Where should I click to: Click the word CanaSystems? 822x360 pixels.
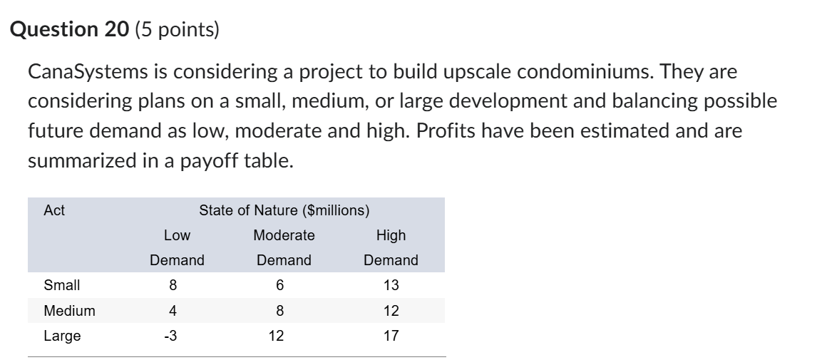(x=90, y=72)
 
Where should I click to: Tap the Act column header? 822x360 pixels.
(x=54, y=210)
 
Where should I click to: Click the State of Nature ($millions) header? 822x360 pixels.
(x=284, y=210)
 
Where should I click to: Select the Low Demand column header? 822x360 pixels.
(x=177, y=247)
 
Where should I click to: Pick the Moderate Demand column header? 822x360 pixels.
(x=284, y=247)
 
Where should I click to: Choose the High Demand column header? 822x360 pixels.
(x=391, y=247)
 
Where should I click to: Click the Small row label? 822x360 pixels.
(x=62, y=285)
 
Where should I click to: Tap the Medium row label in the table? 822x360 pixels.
(x=69, y=311)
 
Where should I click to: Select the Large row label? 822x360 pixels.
(x=62, y=336)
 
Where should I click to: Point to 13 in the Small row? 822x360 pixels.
(x=391, y=285)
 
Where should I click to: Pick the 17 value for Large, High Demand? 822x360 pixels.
(x=391, y=336)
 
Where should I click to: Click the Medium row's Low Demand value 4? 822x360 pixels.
(x=173, y=311)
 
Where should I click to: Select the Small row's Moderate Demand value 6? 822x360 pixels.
(x=279, y=285)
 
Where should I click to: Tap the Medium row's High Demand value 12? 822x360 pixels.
(x=391, y=311)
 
